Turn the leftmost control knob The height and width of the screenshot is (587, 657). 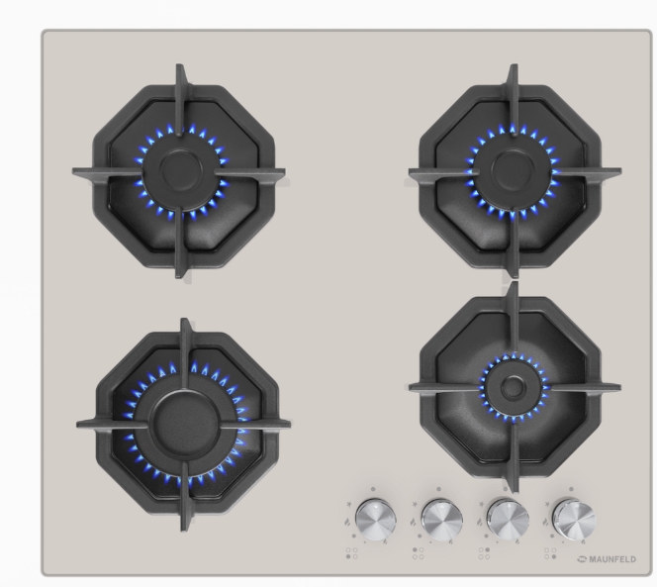pyautogui.click(x=375, y=519)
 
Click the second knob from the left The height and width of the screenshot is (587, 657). pyautogui.click(x=441, y=519)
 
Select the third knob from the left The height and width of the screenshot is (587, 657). pyautogui.click(x=508, y=519)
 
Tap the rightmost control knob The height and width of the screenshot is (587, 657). pyautogui.click(x=574, y=519)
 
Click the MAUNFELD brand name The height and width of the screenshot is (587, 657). pyautogui.click(x=612, y=559)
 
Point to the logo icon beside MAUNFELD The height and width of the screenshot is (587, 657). pyautogui.click(x=583, y=559)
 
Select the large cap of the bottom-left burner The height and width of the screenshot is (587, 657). pyautogui.click(x=185, y=421)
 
